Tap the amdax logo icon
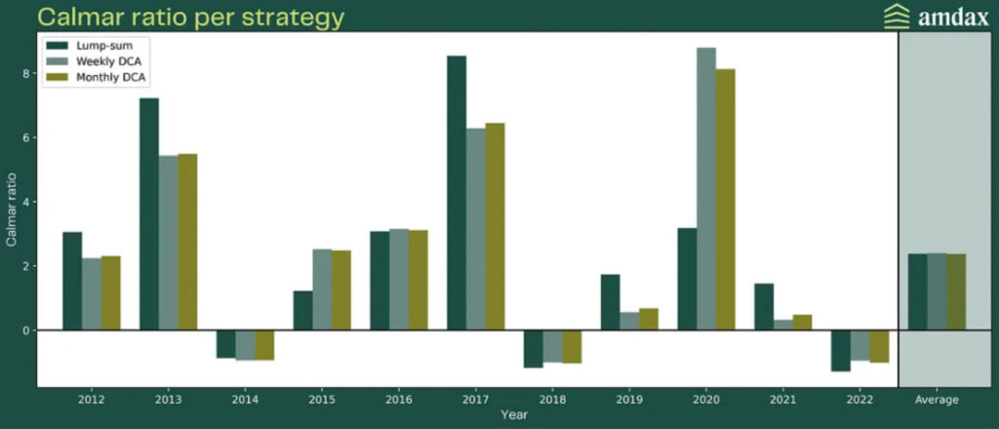tap(896, 17)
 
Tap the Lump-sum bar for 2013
tap(149, 214)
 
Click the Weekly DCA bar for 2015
tap(322, 290)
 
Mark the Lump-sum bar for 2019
tap(611, 302)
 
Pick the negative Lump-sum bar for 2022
tap(841, 351)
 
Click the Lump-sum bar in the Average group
tap(917, 292)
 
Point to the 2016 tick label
tap(399, 400)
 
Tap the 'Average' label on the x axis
tap(937, 400)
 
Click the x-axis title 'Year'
tap(514, 415)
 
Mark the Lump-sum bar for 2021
tap(764, 307)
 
